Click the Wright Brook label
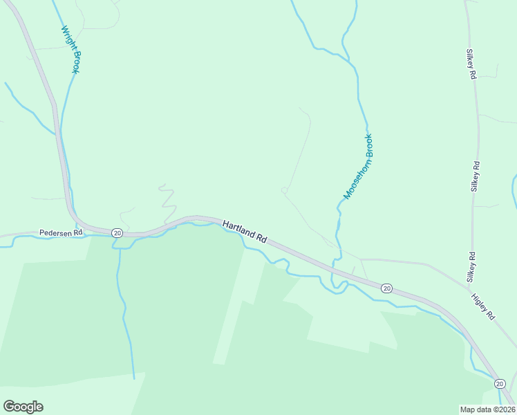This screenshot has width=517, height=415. tap(70, 49)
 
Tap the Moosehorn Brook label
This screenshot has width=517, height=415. tap(359, 166)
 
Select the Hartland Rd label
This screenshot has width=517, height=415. tap(245, 231)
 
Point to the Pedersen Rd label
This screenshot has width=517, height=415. tap(61, 233)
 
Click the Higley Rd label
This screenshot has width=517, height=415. tap(483, 305)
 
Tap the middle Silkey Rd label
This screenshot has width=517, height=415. tap(475, 176)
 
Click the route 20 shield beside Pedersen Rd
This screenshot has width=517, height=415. tap(117, 233)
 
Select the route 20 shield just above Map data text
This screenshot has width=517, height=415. tap(500, 383)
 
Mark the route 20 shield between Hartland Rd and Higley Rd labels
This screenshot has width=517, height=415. tap(386, 288)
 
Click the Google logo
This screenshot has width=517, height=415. tap(23, 407)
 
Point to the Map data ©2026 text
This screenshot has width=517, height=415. tap(487, 409)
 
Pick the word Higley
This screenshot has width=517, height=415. tap(480, 302)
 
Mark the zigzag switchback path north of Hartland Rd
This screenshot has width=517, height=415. tap(167, 198)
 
